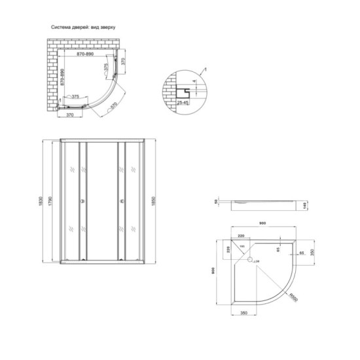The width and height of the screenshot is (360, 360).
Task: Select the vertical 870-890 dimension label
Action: pyautogui.click(x=62, y=77)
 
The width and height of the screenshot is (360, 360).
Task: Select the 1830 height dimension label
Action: pyautogui.click(x=41, y=199)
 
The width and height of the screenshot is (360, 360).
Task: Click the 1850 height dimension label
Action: pyautogui.click(x=154, y=199)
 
